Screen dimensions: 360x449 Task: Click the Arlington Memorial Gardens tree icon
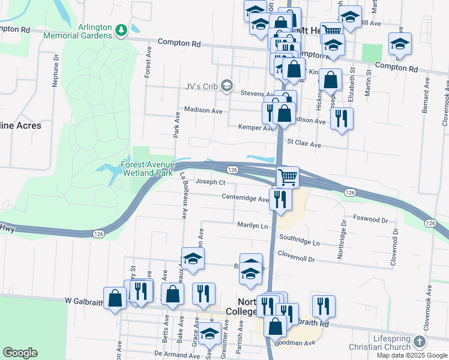121,29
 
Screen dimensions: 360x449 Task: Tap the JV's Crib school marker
226,85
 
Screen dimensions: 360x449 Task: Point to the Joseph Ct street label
211,182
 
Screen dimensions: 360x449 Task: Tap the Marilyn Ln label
253,226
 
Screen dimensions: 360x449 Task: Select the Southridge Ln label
300,238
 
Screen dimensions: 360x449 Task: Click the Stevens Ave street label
256,94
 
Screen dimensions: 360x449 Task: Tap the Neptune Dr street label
55,72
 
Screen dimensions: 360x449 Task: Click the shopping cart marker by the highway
288,176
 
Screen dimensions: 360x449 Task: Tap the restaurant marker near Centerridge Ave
280,198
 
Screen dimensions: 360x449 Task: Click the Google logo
20,353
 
